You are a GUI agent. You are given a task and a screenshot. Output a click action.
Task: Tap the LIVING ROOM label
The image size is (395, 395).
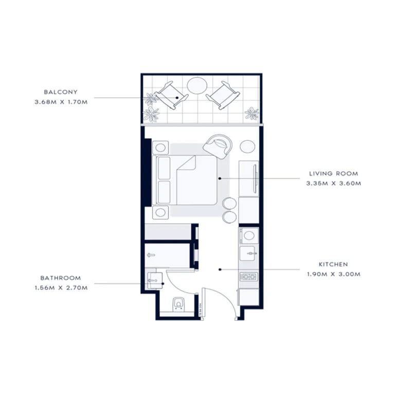(x=333, y=174)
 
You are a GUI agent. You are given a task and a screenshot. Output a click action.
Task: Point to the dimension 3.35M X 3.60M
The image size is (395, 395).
(x=333, y=184)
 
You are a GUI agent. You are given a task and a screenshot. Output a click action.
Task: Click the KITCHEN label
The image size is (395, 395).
(x=333, y=264)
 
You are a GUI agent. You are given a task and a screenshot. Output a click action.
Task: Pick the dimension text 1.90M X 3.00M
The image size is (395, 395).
(x=333, y=274)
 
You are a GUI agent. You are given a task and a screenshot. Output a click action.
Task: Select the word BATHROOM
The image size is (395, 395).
(x=61, y=278)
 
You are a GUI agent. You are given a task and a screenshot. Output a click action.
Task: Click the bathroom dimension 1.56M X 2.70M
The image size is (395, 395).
(x=61, y=288)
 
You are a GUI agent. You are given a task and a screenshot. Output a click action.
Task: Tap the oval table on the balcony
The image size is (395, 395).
(x=196, y=85)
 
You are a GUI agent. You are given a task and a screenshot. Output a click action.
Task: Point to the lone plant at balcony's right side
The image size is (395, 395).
(x=252, y=113)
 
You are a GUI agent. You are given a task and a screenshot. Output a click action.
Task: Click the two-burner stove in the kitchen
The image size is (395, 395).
(x=248, y=277)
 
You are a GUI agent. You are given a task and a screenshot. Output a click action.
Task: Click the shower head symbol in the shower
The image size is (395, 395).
(x=151, y=255)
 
